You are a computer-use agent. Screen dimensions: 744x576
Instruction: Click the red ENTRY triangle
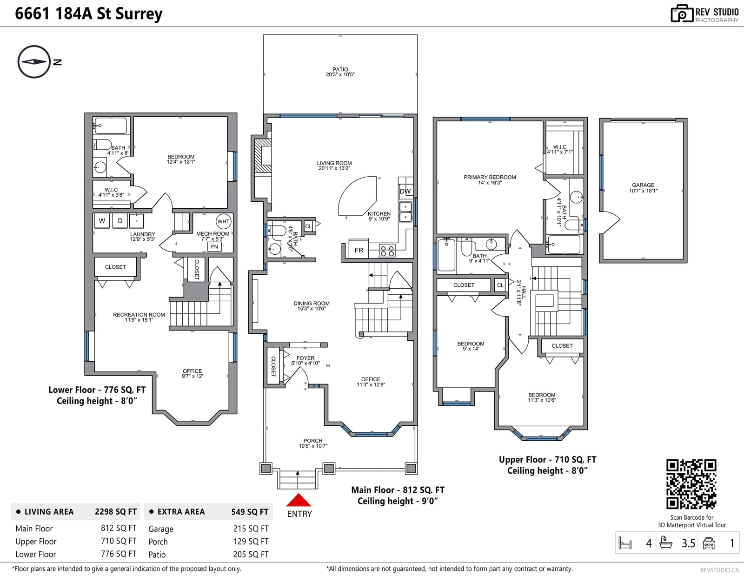point(299,500)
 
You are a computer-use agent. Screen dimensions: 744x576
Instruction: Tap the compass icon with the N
point(34,62)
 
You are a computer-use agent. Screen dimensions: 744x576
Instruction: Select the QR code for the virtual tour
point(691,484)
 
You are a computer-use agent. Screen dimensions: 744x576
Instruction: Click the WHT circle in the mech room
point(223,221)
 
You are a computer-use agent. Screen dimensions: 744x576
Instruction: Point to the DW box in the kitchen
point(405,191)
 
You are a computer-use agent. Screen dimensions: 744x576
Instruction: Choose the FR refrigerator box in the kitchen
point(359,250)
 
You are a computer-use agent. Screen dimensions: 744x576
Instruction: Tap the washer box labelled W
point(102,221)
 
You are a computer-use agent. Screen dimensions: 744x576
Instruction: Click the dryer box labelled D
point(120,221)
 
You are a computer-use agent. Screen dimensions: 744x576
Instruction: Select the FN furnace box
point(214,246)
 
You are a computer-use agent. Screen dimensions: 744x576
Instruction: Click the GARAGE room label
point(643,185)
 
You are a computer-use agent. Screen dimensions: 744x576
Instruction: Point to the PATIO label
point(340,69)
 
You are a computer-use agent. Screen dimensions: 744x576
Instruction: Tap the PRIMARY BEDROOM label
point(490,177)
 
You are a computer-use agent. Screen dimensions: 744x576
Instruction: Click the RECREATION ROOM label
point(139,315)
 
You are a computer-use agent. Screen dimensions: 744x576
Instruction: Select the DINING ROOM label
point(311,303)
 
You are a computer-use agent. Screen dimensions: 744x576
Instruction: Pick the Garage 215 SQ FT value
point(251,529)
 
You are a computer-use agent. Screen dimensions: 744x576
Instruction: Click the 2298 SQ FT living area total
point(116,512)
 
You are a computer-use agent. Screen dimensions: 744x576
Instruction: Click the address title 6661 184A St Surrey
point(89,13)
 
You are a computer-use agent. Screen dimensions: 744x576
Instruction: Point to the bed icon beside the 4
point(625,543)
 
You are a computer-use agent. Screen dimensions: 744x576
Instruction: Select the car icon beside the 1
point(709,543)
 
